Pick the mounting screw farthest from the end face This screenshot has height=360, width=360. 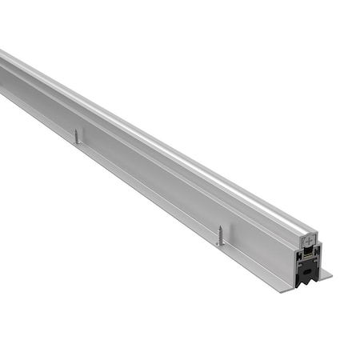coord(77,137)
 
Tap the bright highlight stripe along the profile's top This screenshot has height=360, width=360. coord(160,140)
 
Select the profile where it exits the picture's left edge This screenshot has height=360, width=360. coord(2,72)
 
